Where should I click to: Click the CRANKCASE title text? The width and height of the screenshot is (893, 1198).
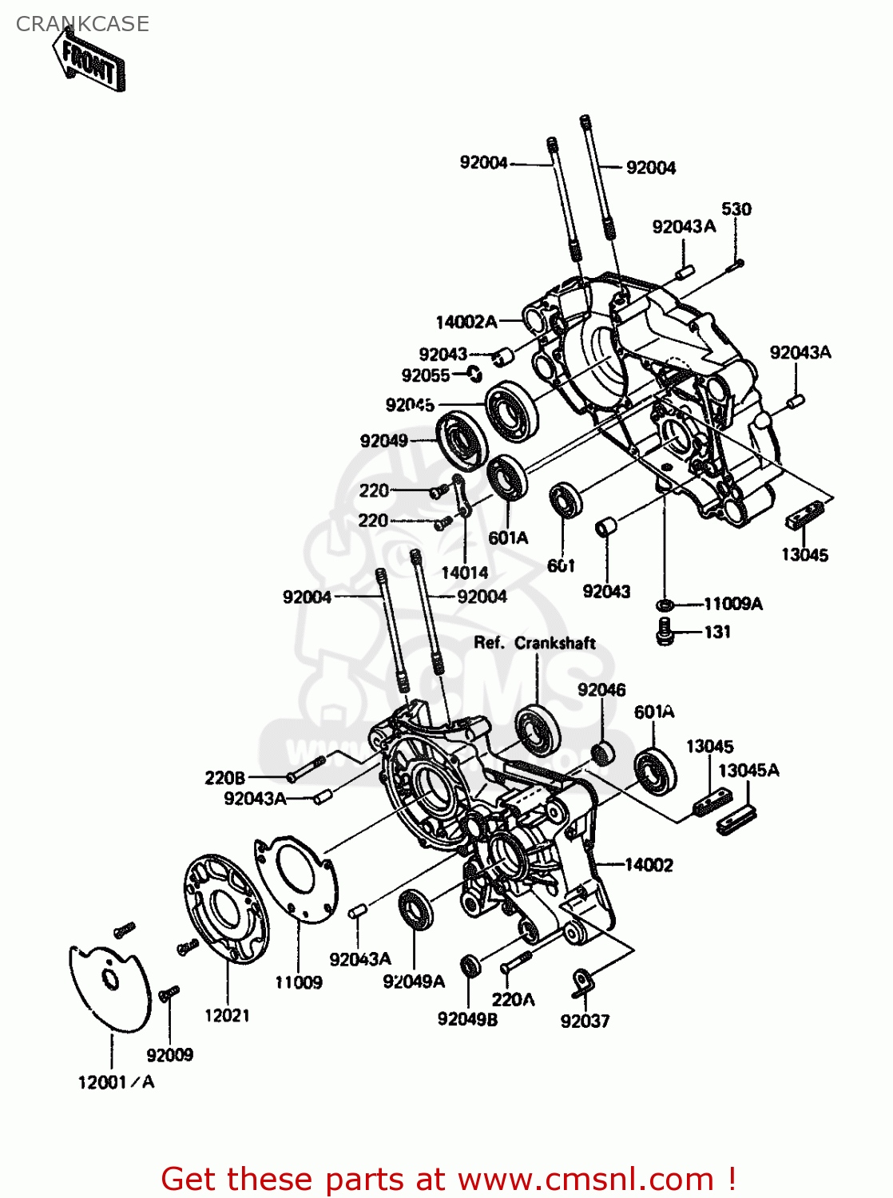82,24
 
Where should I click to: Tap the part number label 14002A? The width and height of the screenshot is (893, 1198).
466,322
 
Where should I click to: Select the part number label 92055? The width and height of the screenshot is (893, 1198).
426,375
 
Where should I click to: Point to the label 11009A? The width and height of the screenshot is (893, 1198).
732,604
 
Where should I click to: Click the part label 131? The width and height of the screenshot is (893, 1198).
717,632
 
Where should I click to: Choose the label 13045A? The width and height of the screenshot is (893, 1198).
748,770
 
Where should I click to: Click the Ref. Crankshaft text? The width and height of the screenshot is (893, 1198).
534,643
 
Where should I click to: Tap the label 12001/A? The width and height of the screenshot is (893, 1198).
116,1082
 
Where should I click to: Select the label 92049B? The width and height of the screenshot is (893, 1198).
467,1020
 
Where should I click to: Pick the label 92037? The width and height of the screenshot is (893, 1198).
585,1021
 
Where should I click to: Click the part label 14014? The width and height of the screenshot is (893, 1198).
464,573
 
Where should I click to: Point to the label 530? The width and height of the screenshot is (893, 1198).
736,209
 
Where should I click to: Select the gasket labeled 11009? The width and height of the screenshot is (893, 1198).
296,879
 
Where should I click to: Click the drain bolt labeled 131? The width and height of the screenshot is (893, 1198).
665,633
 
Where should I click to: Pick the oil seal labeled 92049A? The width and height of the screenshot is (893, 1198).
415,909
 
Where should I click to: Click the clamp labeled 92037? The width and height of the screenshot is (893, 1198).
581,982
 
